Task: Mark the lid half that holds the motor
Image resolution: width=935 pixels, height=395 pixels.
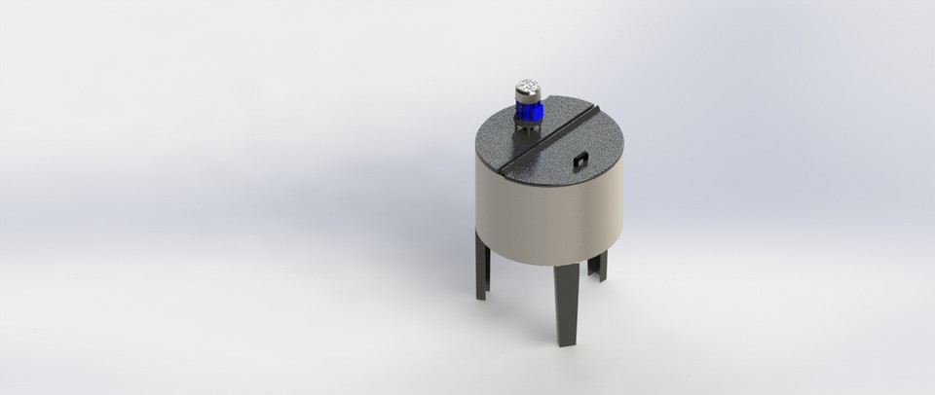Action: pos(511,136)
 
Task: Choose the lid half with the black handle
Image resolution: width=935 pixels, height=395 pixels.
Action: pos(575,146)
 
